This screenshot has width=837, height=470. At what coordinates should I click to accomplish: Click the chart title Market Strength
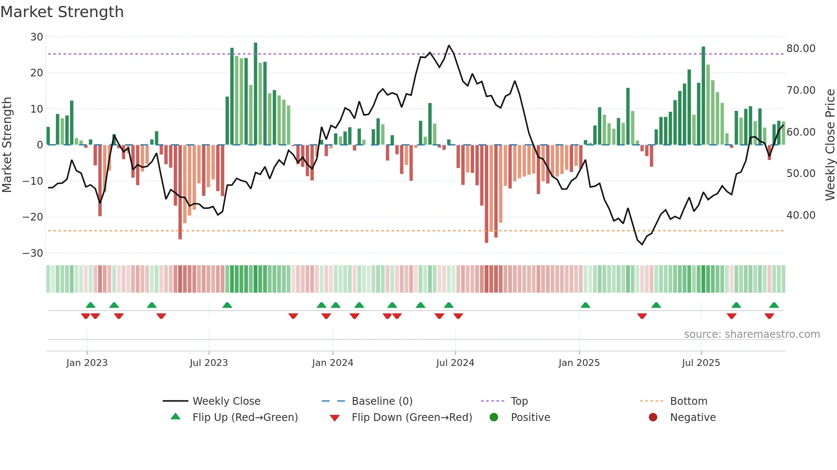[62, 12]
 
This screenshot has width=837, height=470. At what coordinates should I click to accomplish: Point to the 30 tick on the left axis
[37, 37]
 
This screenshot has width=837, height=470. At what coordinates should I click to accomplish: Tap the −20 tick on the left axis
[33, 217]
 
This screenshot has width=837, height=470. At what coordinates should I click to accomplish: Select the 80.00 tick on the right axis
[801, 49]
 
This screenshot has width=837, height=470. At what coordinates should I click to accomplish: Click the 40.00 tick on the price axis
[801, 215]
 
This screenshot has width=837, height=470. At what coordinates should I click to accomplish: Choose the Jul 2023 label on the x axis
[209, 363]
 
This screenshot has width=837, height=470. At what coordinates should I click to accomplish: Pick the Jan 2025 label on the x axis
[579, 363]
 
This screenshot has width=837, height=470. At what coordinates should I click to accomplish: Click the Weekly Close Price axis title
[830, 145]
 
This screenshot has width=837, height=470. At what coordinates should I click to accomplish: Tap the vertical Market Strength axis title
[7, 145]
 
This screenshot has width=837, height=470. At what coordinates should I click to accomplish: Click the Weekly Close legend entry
[226, 401]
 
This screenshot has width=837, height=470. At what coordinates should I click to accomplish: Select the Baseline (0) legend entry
[382, 401]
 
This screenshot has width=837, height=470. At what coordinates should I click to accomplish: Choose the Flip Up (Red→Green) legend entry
[245, 418]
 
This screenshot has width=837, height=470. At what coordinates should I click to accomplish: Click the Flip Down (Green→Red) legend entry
[412, 418]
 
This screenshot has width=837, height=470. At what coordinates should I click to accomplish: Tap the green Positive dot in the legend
[494, 418]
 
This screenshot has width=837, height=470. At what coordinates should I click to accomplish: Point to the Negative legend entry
[693, 418]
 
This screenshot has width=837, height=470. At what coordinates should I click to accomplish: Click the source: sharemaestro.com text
[752, 334]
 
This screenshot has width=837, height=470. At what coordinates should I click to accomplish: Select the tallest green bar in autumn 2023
[255, 94]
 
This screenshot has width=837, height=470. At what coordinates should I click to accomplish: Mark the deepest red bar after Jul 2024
[486, 194]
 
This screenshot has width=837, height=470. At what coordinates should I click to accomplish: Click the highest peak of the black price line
[449, 46]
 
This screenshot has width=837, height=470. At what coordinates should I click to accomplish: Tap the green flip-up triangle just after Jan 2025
[585, 305]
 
